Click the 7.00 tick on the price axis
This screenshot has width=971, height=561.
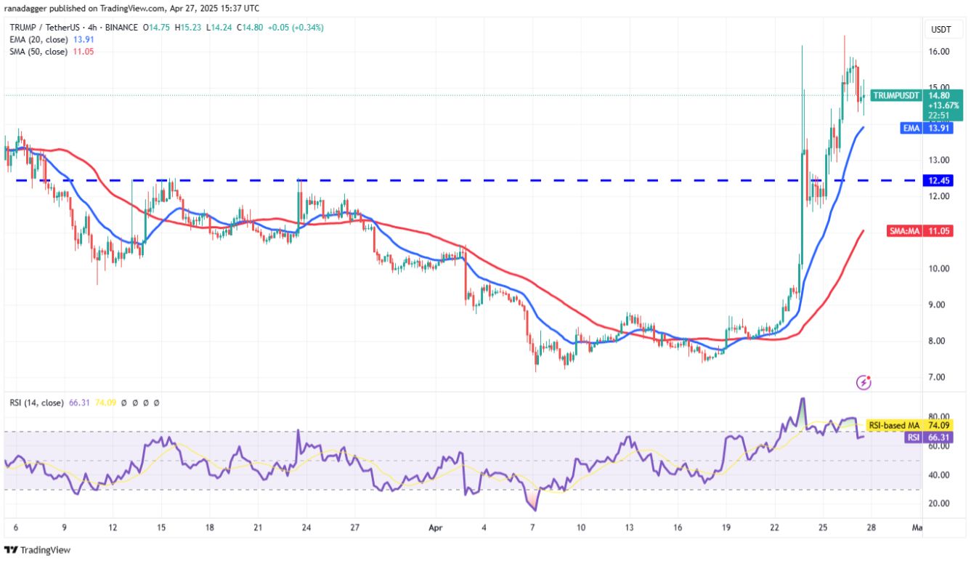tap(938, 377)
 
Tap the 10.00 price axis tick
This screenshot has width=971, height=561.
tap(938, 269)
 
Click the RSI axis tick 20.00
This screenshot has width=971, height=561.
tap(938, 504)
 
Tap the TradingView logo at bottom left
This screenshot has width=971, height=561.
tap(38, 550)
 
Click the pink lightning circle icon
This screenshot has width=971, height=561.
tap(864, 381)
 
